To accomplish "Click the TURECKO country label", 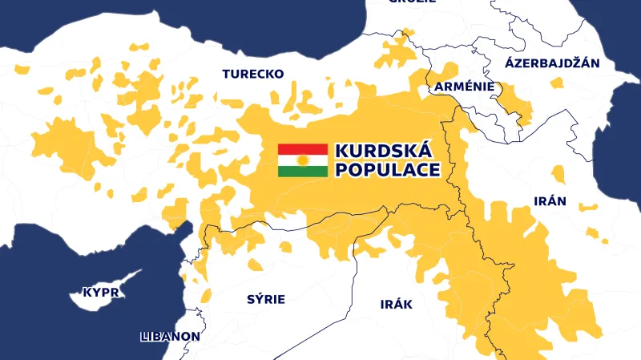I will pyautogui.click(x=252, y=74).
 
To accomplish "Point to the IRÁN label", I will pyautogui.click(x=550, y=201).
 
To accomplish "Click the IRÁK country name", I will pyautogui.click(x=395, y=305).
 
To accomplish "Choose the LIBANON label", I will pyautogui.click(x=169, y=336).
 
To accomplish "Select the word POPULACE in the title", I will pyautogui.click(x=387, y=170).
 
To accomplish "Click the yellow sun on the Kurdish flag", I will pyautogui.click(x=303, y=160).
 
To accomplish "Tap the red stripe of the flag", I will pyautogui.click(x=303, y=148).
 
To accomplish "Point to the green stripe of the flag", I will pyautogui.click(x=303, y=172).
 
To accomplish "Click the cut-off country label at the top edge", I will pyautogui.click(x=412, y=2).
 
